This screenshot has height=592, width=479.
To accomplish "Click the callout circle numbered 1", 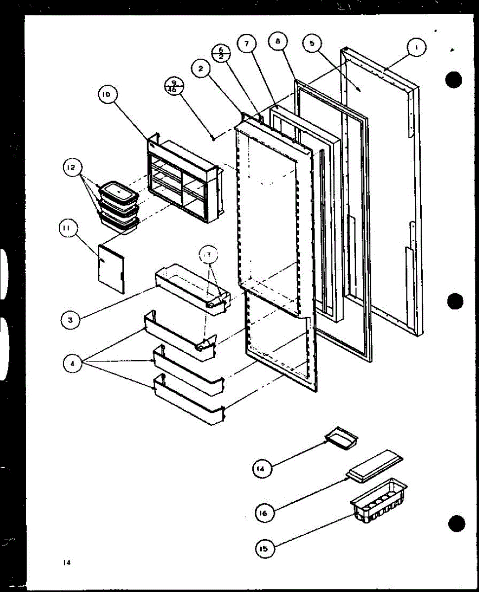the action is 416,48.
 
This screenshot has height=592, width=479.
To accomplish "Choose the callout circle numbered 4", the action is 72,364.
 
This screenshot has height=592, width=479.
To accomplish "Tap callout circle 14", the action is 262,469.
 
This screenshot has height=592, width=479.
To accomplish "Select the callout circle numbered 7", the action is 245,44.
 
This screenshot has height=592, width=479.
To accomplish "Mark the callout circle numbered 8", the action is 278,42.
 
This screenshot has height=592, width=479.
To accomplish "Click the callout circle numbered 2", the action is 200,70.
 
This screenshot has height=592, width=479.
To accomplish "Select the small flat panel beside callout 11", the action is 111,268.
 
